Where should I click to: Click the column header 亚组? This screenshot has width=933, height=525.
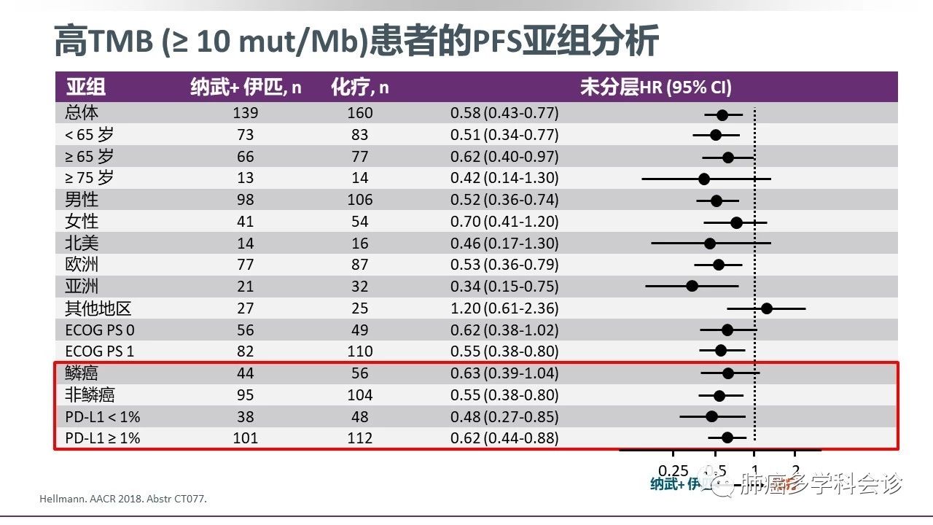click(x=86, y=87)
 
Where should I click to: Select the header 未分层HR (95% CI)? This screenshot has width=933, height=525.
click(x=655, y=87)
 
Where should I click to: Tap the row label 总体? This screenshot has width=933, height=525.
click(x=82, y=113)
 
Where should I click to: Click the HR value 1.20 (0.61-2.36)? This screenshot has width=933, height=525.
click(x=504, y=308)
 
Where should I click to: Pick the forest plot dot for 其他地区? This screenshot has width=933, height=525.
click(x=767, y=308)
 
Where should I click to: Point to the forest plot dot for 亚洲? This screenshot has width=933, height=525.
click(x=692, y=286)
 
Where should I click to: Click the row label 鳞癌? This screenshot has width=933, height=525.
click(x=82, y=373)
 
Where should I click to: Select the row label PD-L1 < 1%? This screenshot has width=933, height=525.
click(x=102, y=417)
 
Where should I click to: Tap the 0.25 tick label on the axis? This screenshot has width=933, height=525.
click(x=673, y=470)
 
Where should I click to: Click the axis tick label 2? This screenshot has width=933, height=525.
click(x=795, y=470)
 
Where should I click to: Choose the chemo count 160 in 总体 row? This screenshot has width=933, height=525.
click(x=360, y=113)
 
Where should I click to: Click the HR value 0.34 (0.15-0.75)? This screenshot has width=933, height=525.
click(x=504, y=287)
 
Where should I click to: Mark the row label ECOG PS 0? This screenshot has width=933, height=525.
click(x=100, y=330)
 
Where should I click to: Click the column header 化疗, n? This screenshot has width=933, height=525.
click(x=360, y=87)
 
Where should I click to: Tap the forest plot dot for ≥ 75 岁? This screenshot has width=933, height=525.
click(x=704, y=178)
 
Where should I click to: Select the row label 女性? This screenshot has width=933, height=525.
click(x=82, y=221)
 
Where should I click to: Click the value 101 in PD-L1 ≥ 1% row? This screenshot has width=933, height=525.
click(x=246, y=439)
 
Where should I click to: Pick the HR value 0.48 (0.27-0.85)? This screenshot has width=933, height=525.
click(x=504, y=417)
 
